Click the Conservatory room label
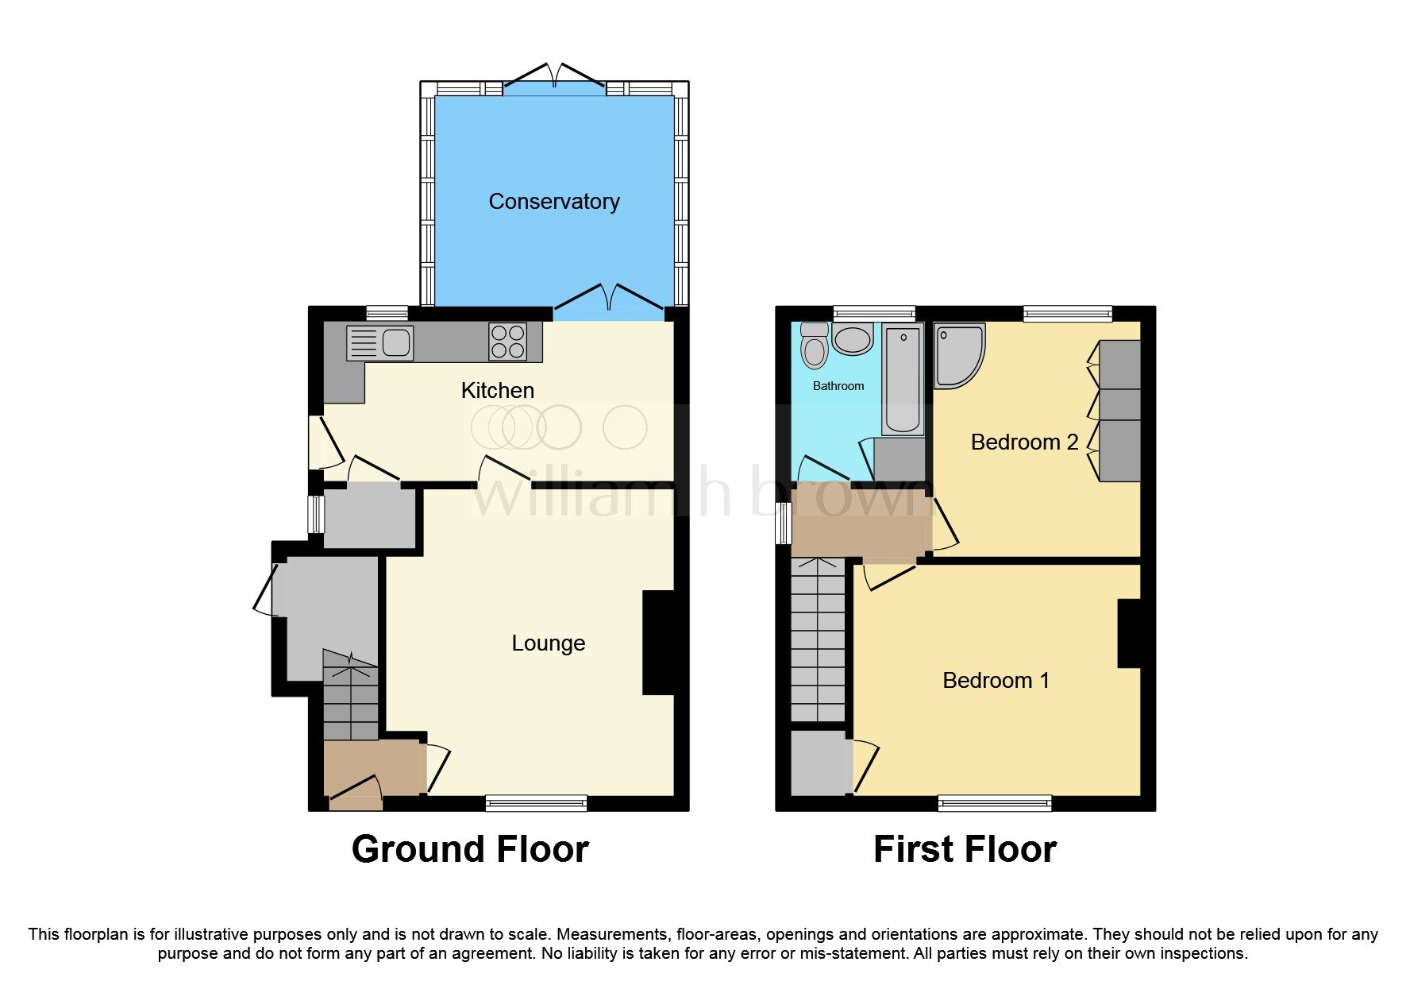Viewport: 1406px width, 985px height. point(553,202)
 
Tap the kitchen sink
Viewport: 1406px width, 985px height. point(380,343)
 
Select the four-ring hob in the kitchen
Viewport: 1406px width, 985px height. point(507,342)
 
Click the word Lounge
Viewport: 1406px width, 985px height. point(548,643)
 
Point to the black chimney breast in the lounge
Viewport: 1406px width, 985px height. point(658,643)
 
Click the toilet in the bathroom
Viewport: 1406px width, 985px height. point(814,346)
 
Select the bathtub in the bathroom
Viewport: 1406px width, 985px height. point(903,380)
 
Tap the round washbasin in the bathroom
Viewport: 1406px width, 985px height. point(852,340)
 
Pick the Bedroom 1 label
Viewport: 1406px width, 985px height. point(996,680)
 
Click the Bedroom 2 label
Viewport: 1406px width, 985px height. point(1024,442)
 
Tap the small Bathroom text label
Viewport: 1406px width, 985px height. point(838,386)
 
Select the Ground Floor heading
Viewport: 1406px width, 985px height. point(470,849)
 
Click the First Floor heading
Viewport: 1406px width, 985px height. point(964,849)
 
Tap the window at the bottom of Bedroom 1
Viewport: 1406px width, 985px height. point(994,803)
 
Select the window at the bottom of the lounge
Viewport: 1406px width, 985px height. point(536,803)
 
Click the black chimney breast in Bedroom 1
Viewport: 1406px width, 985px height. point(1129,633)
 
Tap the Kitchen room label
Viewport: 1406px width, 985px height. point(497,390)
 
